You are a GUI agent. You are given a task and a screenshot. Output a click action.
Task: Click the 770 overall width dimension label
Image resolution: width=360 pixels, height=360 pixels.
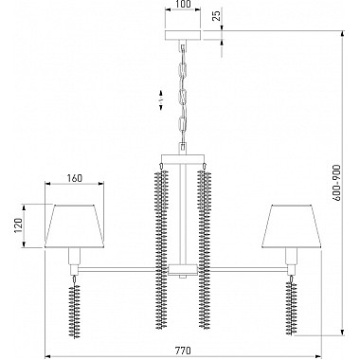click(x=183, y=351)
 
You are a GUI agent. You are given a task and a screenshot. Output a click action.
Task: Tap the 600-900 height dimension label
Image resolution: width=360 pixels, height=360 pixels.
click(x=337, y=183)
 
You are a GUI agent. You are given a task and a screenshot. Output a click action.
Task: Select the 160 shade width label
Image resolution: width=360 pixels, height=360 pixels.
click(x=74, y=178)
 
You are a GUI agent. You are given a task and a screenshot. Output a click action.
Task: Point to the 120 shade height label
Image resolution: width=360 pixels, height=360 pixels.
click(x=19, y=225)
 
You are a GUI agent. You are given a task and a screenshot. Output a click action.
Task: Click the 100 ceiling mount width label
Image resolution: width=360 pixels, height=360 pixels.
click(x=183, y=4)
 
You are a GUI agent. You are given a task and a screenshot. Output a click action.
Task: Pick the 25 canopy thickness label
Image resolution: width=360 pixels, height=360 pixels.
click(x=216, y=15)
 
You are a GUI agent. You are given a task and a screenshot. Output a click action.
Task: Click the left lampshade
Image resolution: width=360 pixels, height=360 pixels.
click(x=75, y=226)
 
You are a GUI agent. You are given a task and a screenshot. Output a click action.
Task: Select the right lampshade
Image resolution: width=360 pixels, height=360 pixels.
click(x=291, y=226)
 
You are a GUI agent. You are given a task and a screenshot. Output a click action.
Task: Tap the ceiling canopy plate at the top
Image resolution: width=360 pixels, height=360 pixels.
click(x=183, y=35)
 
